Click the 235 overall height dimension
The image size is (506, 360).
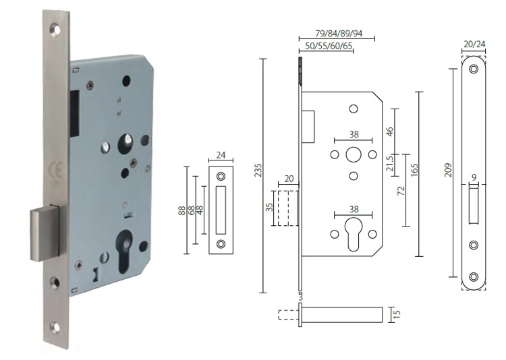pos(258,177)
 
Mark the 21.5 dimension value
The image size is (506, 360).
pos(389,163)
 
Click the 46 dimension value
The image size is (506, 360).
pos(389,131)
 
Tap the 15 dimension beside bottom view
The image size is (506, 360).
pos(396,315)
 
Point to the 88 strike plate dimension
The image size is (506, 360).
pos(181,210)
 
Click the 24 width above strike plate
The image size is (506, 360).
pos(221,154)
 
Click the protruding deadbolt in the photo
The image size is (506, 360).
pos(43,234)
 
